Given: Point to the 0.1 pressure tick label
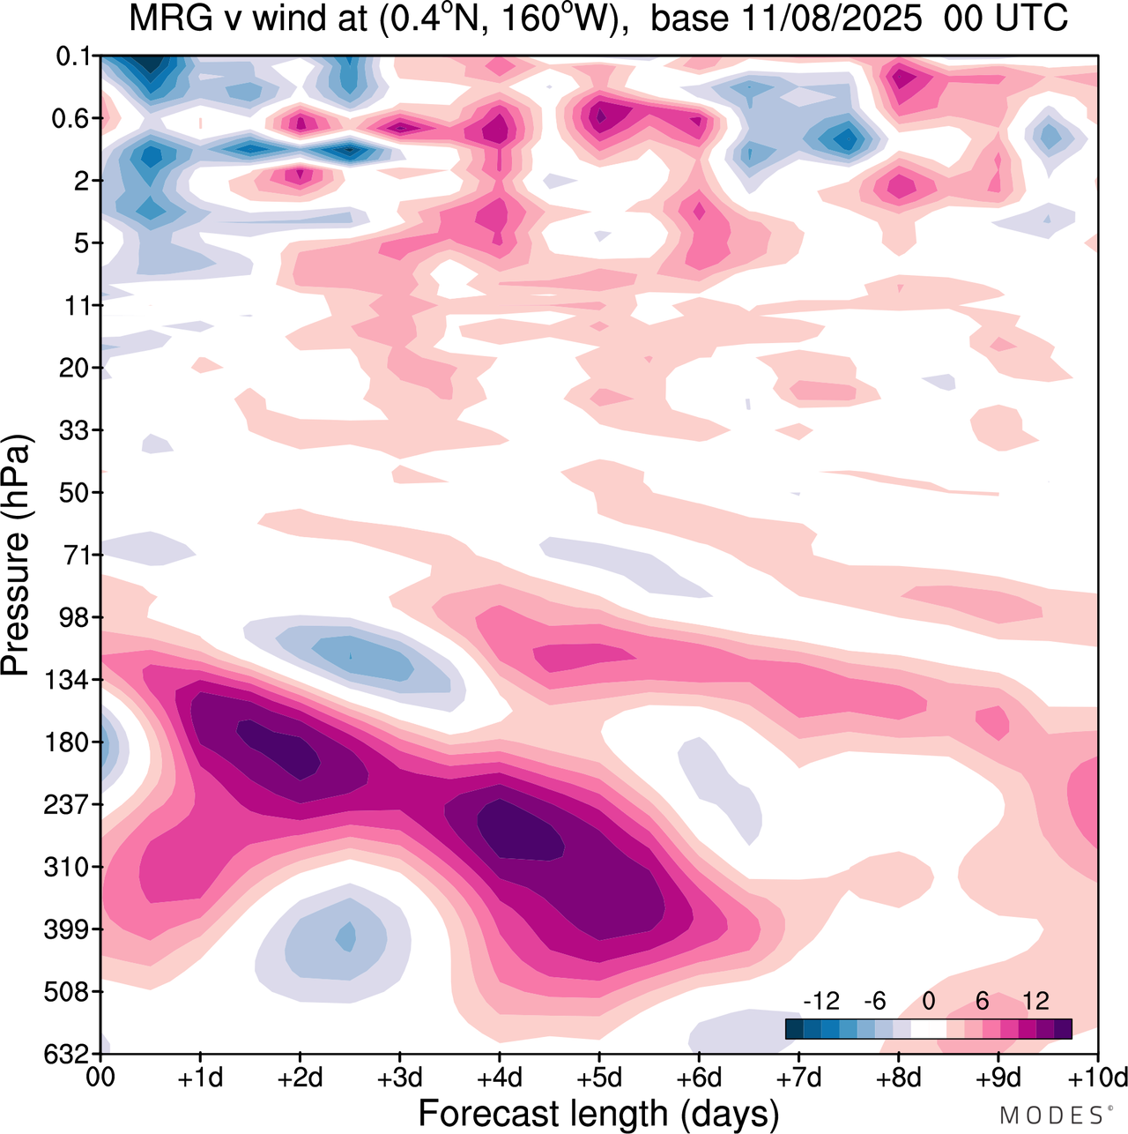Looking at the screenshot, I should pos(75,56).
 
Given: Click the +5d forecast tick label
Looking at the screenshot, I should pos(599,1078).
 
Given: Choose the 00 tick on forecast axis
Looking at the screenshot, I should pos(102,1078).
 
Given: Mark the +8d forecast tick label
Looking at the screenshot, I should pos(898,1078).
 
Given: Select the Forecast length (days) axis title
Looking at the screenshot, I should pos(599,1113).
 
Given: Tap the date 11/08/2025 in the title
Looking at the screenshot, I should pos(837,18).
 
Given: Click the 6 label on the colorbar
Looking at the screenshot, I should pos(982,1001).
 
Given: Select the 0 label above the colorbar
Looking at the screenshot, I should pos(928,1001).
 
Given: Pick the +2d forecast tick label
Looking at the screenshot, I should pos(301,1078).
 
